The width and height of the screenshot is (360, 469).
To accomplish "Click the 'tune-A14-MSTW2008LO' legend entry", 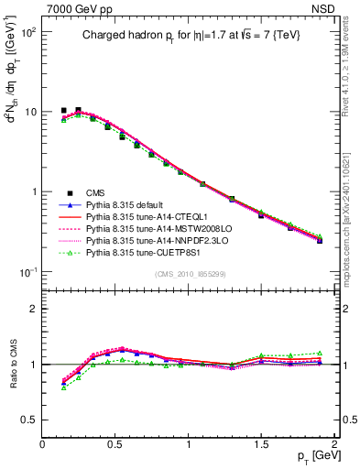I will pos(151,228).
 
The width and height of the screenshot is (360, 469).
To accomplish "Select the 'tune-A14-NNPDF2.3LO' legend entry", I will pos(150,240).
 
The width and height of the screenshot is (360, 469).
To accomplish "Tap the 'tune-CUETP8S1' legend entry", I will pos(144,252).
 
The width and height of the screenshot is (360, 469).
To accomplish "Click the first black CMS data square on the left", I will pos(63,110).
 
